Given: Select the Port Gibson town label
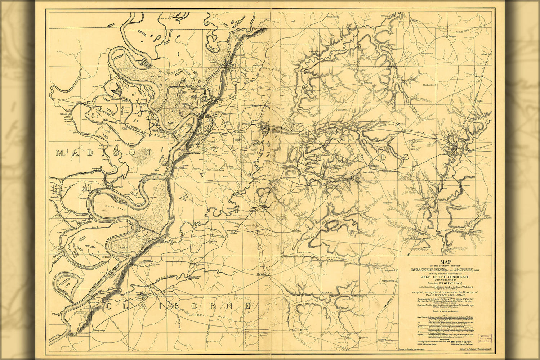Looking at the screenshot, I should pyautogui.click(x=166, y=296).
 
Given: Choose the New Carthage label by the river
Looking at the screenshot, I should pyautogui.click(x=116, y=188).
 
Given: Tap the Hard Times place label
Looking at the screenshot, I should pyautogui.click(x=107, y=257).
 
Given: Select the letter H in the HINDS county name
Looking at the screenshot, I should pyautogui.click(x=319, y=157).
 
